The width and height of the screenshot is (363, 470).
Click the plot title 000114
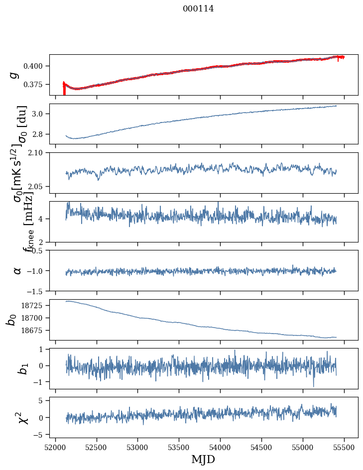pyautogui.click(x=198, y=8)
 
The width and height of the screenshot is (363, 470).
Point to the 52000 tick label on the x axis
pyautogui.click(x=55, y=447)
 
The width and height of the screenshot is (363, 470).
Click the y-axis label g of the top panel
pyautogui.click(x=15, y=75)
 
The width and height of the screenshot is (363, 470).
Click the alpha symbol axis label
pyautogui.click(x=17, y=270)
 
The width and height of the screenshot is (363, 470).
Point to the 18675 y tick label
pyautogui.click(x=35, y=331)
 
